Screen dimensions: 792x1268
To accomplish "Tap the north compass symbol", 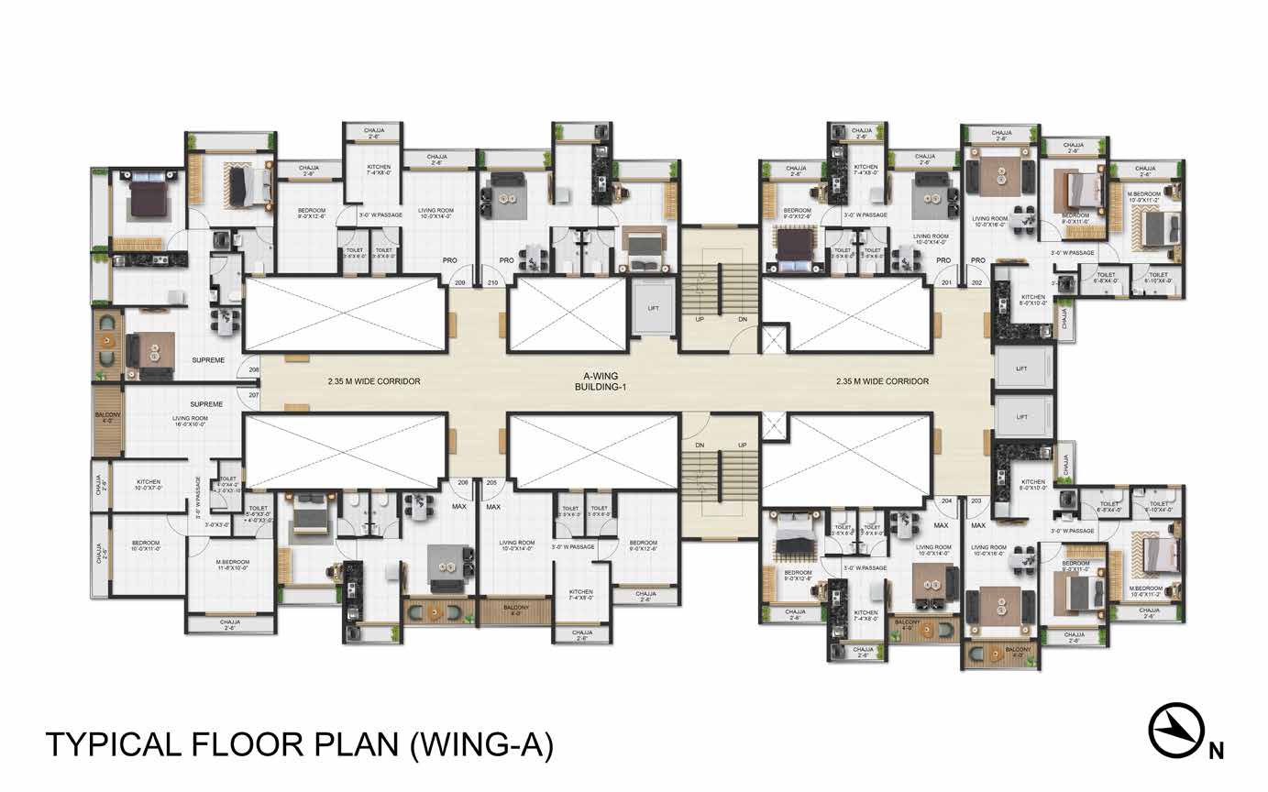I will pos(1177,731).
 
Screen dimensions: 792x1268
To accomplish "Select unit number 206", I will pos(253,370).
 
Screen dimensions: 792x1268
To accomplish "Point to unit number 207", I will pos(253,393).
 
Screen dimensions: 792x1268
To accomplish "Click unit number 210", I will pos(492,283).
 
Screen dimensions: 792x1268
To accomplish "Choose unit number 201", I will pos(946,282).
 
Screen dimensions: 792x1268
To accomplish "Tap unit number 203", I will pos(976,501).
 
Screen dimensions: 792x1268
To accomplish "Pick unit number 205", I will pos(491,482).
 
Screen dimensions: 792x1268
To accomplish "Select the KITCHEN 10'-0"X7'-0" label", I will pos(149,485).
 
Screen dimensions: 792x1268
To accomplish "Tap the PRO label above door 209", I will pos(450,259).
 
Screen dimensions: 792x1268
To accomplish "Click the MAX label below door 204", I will pos(941,525).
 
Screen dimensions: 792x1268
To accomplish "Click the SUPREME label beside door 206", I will pos(208,360).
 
